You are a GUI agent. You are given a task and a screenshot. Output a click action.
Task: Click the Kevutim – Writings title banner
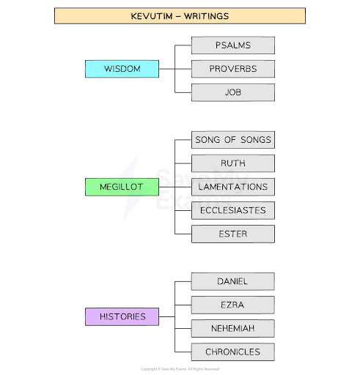pos(180,15)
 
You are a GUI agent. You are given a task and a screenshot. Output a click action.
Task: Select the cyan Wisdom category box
pos(122,69)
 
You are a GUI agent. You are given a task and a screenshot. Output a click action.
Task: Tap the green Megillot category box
pos(122,187)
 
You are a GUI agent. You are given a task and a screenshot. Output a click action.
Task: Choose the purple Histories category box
pos(122,316)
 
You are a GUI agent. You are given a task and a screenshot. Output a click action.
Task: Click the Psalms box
pos(233,45)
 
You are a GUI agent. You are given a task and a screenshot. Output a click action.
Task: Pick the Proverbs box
pos(233,69)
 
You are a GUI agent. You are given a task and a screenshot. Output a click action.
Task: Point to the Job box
pos(233,92)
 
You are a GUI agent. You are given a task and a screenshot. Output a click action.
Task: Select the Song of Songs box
pos(233,140)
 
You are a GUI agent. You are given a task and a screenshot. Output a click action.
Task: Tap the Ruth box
pos(233,163)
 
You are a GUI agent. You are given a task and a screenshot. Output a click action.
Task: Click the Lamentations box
pos(233,187)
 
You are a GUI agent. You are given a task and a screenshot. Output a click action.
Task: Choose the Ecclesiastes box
pos(233,210)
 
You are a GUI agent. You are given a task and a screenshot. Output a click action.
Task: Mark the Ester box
pos(233,234)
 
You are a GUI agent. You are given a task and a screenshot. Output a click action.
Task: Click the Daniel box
pos(233,281)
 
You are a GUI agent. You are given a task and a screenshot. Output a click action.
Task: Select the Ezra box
pos(233,305)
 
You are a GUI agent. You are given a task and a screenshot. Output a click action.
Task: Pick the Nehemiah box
pos(233,328)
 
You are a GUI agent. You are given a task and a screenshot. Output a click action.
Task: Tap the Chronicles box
pos(233,352)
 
